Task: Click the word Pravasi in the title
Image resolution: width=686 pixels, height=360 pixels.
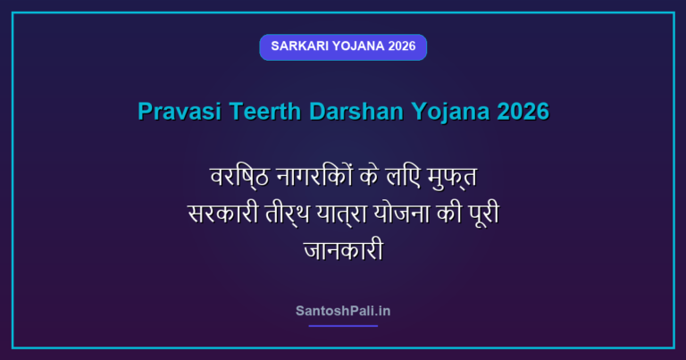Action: pyautogui.click(x=180, y=111)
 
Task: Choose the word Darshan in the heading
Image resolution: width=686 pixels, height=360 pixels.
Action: pyautogui.click(x=356, y=111)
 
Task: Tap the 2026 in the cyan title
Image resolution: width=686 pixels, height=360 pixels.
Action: pyautogui.click(x=523, y=111)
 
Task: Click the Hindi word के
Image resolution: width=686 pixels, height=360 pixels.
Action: pyautogui.click(x=369, y=176)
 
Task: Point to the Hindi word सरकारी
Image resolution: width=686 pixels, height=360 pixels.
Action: pyautogui.click(x=223, y=213)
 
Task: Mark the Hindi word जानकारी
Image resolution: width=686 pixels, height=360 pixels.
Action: pyautogui.click(x=343, y=250)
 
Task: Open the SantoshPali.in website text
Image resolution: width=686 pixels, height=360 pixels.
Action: pyautogui.click(x=343, y=311)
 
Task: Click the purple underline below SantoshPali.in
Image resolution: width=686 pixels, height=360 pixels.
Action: pyautogui.click(x=343, y=326)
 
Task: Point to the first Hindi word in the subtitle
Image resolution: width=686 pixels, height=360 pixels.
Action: pyautogui.click(x=239, y=178)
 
